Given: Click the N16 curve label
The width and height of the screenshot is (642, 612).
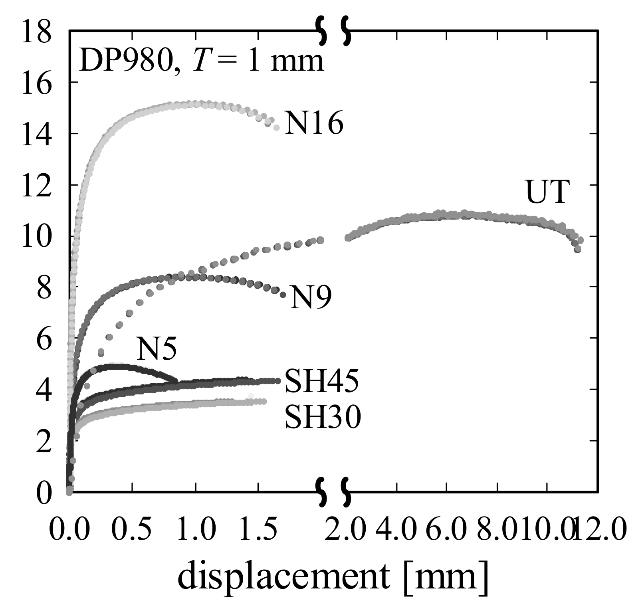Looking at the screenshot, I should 313,124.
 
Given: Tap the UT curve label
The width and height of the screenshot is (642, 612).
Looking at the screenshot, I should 546,192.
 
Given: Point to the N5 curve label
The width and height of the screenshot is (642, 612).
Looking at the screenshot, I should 156,349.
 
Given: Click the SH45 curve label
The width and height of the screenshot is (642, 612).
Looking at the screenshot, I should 321,381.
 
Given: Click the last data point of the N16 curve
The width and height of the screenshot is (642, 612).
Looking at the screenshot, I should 276,128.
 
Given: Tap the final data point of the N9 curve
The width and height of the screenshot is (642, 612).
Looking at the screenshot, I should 283,295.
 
